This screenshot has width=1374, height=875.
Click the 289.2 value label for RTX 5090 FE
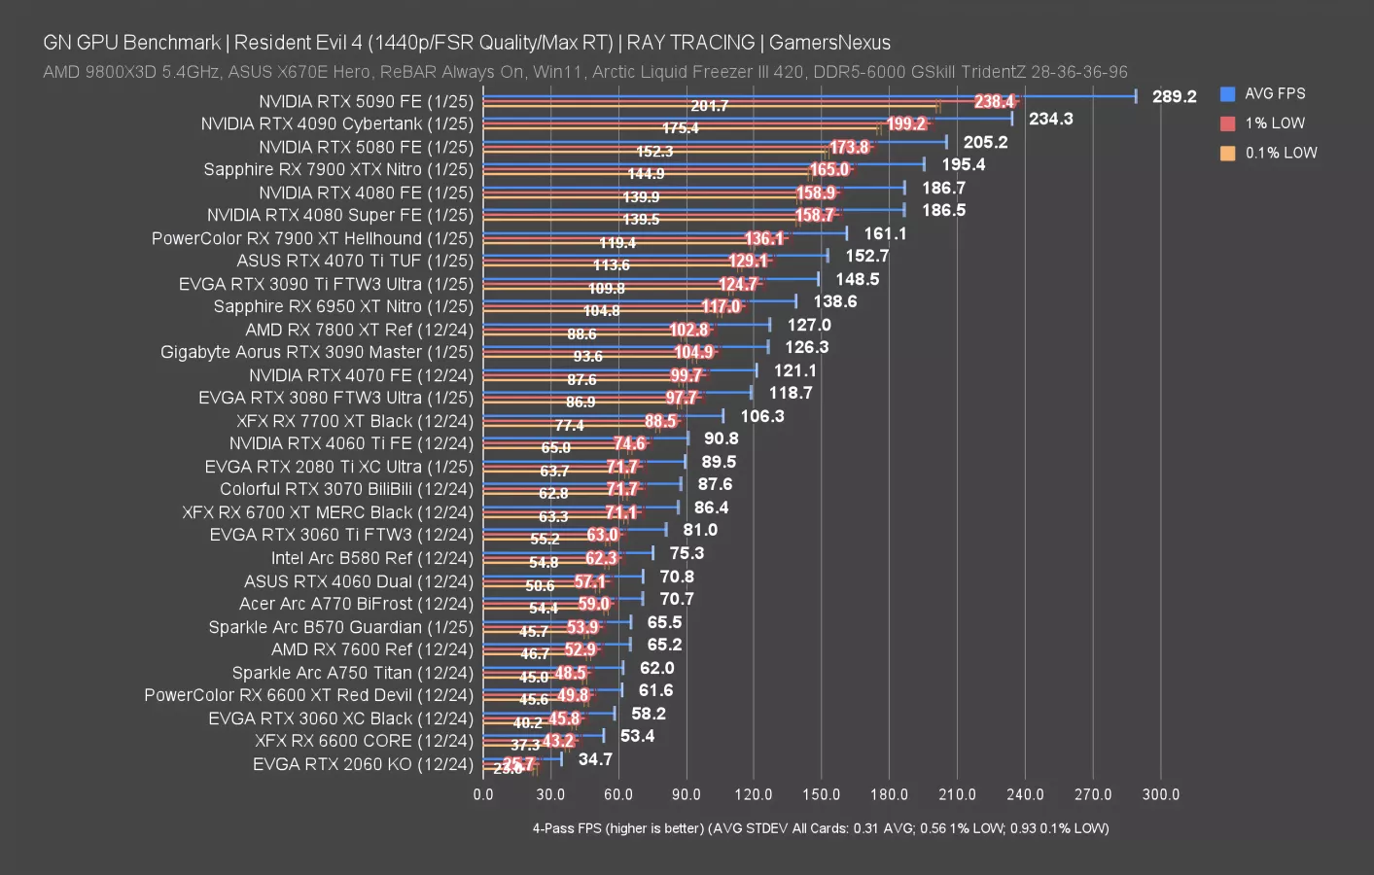[x=1174, y=96]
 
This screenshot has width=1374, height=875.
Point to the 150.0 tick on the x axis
[x=821, y=794]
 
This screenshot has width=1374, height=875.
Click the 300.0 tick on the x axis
[x=1160, y=794]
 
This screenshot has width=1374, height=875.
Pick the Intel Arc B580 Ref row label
[x=371, y=558]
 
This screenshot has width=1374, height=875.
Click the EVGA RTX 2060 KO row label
[x=363, y=764]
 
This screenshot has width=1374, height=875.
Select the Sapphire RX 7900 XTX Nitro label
[x=338, y=169]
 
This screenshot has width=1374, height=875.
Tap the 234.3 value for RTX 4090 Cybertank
[x=1050, y=119]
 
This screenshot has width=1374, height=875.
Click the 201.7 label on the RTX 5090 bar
[x=709, y=106]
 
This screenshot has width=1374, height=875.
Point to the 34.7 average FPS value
[x=595, y=759]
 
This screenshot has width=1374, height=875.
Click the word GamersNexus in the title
[x=829, y=42]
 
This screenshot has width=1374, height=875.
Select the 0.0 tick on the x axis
[x=483, y=794]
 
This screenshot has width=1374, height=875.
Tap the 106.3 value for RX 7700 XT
[x=761, y=416]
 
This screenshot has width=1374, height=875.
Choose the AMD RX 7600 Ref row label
[x=371, y=649]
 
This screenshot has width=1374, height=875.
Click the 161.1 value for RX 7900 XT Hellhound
[x=885, y=233]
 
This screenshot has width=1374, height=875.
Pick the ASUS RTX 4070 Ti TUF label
[x=355, y=261]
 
